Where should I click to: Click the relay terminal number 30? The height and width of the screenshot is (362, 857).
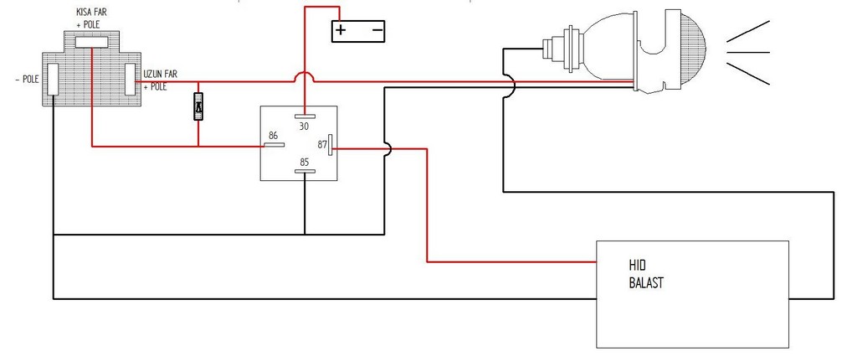coord(303,126)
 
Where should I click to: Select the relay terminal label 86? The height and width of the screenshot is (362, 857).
coord(273,136)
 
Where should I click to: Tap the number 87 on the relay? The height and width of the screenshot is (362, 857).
coord(322,145)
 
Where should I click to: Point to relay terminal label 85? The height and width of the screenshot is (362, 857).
coord(304,163)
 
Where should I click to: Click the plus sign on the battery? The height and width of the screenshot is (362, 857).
coord(341,29)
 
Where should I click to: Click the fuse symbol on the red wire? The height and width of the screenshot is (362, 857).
coord(198,106)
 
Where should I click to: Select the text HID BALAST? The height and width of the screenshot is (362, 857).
coord(646,275)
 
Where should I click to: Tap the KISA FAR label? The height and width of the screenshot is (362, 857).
coord(91,12)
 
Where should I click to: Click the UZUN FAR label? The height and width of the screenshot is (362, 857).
coord(161,74)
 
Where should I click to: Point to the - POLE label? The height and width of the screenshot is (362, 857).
coord(28,80)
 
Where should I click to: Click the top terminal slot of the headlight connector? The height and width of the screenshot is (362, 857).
coord(91,43)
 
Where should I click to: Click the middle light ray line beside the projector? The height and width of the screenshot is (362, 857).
coord(747,53)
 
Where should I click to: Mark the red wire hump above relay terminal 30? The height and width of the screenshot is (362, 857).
coord(304,76)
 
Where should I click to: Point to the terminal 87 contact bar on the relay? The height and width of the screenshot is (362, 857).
coord(331,145)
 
